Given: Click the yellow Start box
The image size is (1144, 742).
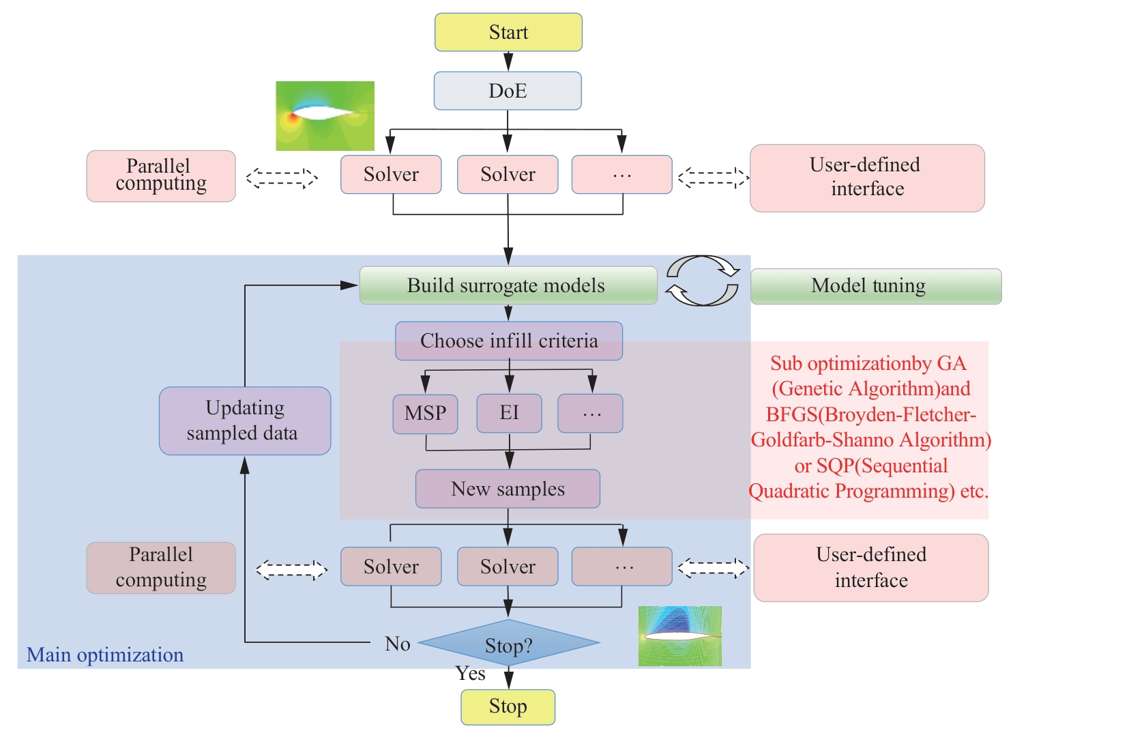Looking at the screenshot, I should tap(508, 32).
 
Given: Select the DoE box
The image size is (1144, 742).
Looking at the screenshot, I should tap(508, 91).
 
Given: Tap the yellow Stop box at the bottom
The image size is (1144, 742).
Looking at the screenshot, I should tap(508, 707).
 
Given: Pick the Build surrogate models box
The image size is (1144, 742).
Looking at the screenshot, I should tap(508, 285).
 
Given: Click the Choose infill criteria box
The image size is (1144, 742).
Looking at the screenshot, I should tap(509, 341).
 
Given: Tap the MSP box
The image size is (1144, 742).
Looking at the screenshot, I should tap(425, 414).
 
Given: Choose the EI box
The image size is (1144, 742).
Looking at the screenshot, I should tap(509, 413).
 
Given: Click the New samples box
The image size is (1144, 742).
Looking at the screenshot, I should tap(508, 489).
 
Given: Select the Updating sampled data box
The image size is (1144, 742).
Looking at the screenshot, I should tap(244, 420).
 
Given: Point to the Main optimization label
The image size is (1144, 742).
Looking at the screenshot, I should tap(105, 655).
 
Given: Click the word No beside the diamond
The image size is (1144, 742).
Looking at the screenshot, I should tap(397, 644).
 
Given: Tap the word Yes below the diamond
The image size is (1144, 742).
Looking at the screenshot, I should tap(471, 674).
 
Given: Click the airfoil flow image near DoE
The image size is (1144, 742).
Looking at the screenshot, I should tap(325, 116).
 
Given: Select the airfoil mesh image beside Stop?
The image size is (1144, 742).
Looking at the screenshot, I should tap(679, 636).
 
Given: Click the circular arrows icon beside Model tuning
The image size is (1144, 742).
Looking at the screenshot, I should tap(703, 281).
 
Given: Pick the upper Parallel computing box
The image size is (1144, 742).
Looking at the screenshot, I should tap(161, 175).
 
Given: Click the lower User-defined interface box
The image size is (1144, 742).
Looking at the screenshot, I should tap(870, 567).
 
